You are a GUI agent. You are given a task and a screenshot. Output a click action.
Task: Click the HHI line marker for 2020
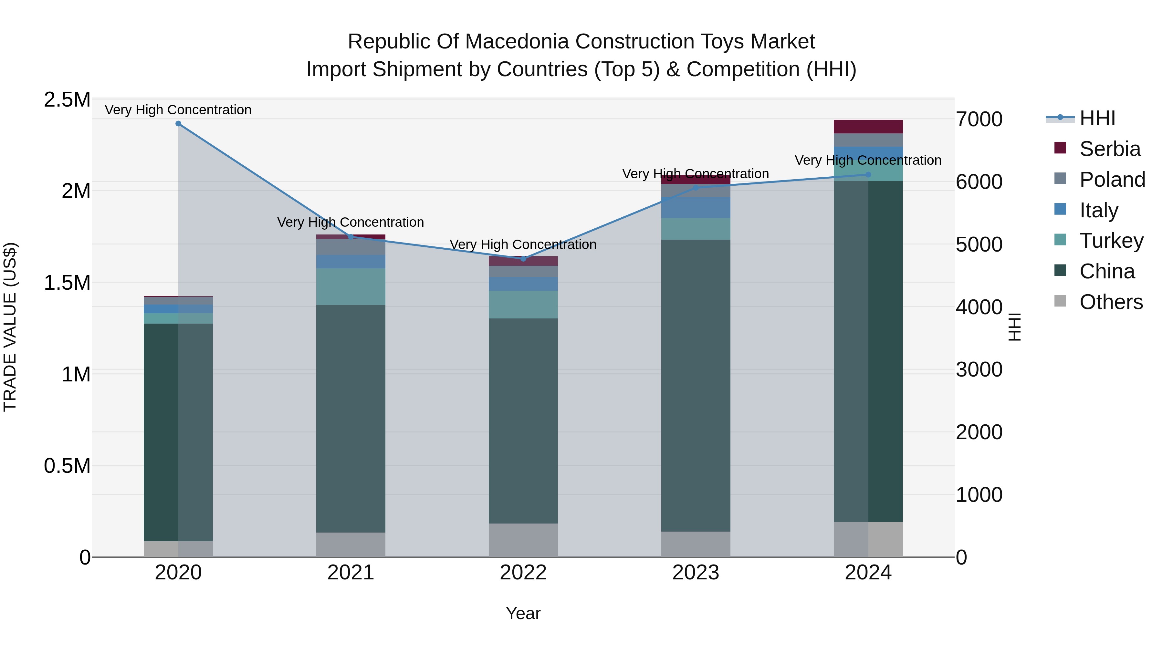click(178, 124)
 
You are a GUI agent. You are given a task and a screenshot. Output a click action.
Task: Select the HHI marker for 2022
click(523, 259)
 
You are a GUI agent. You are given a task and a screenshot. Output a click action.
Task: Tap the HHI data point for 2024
click(868, 175)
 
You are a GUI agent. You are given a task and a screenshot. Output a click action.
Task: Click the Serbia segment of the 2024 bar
click(868, 127)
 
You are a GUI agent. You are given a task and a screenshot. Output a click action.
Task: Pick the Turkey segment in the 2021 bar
click(351, 286)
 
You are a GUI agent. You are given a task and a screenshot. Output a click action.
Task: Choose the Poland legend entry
click(1112, 180)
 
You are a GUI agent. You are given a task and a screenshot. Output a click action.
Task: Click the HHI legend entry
click(1097, 118)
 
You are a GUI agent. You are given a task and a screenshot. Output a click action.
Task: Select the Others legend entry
click(1111, 302)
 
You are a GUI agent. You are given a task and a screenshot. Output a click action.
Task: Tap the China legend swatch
click(1060, 270)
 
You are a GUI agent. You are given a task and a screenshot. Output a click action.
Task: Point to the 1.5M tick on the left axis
click(67, 283)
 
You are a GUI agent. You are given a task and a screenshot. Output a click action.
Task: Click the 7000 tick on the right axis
click(979, 119)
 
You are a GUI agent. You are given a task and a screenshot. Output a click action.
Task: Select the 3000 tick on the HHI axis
click(979, 370)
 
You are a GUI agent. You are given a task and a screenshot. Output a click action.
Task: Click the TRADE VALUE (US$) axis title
click(10, 327)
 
